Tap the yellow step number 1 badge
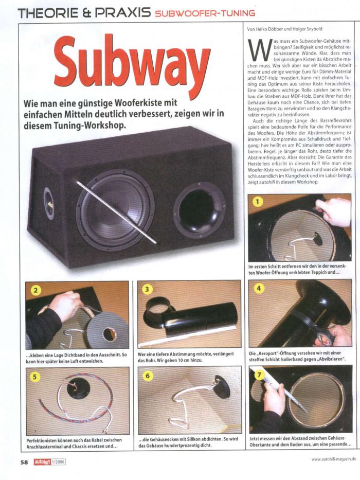point(258,202)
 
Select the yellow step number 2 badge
point(35,290)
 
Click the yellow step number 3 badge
point(147,289)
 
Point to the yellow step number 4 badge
point(259,289)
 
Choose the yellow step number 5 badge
point(34,376)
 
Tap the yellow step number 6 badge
point(147,376)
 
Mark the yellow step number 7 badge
point(259,375)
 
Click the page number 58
point(24,462)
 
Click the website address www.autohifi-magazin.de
point(334,459)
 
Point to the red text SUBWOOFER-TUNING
point(205,13)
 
